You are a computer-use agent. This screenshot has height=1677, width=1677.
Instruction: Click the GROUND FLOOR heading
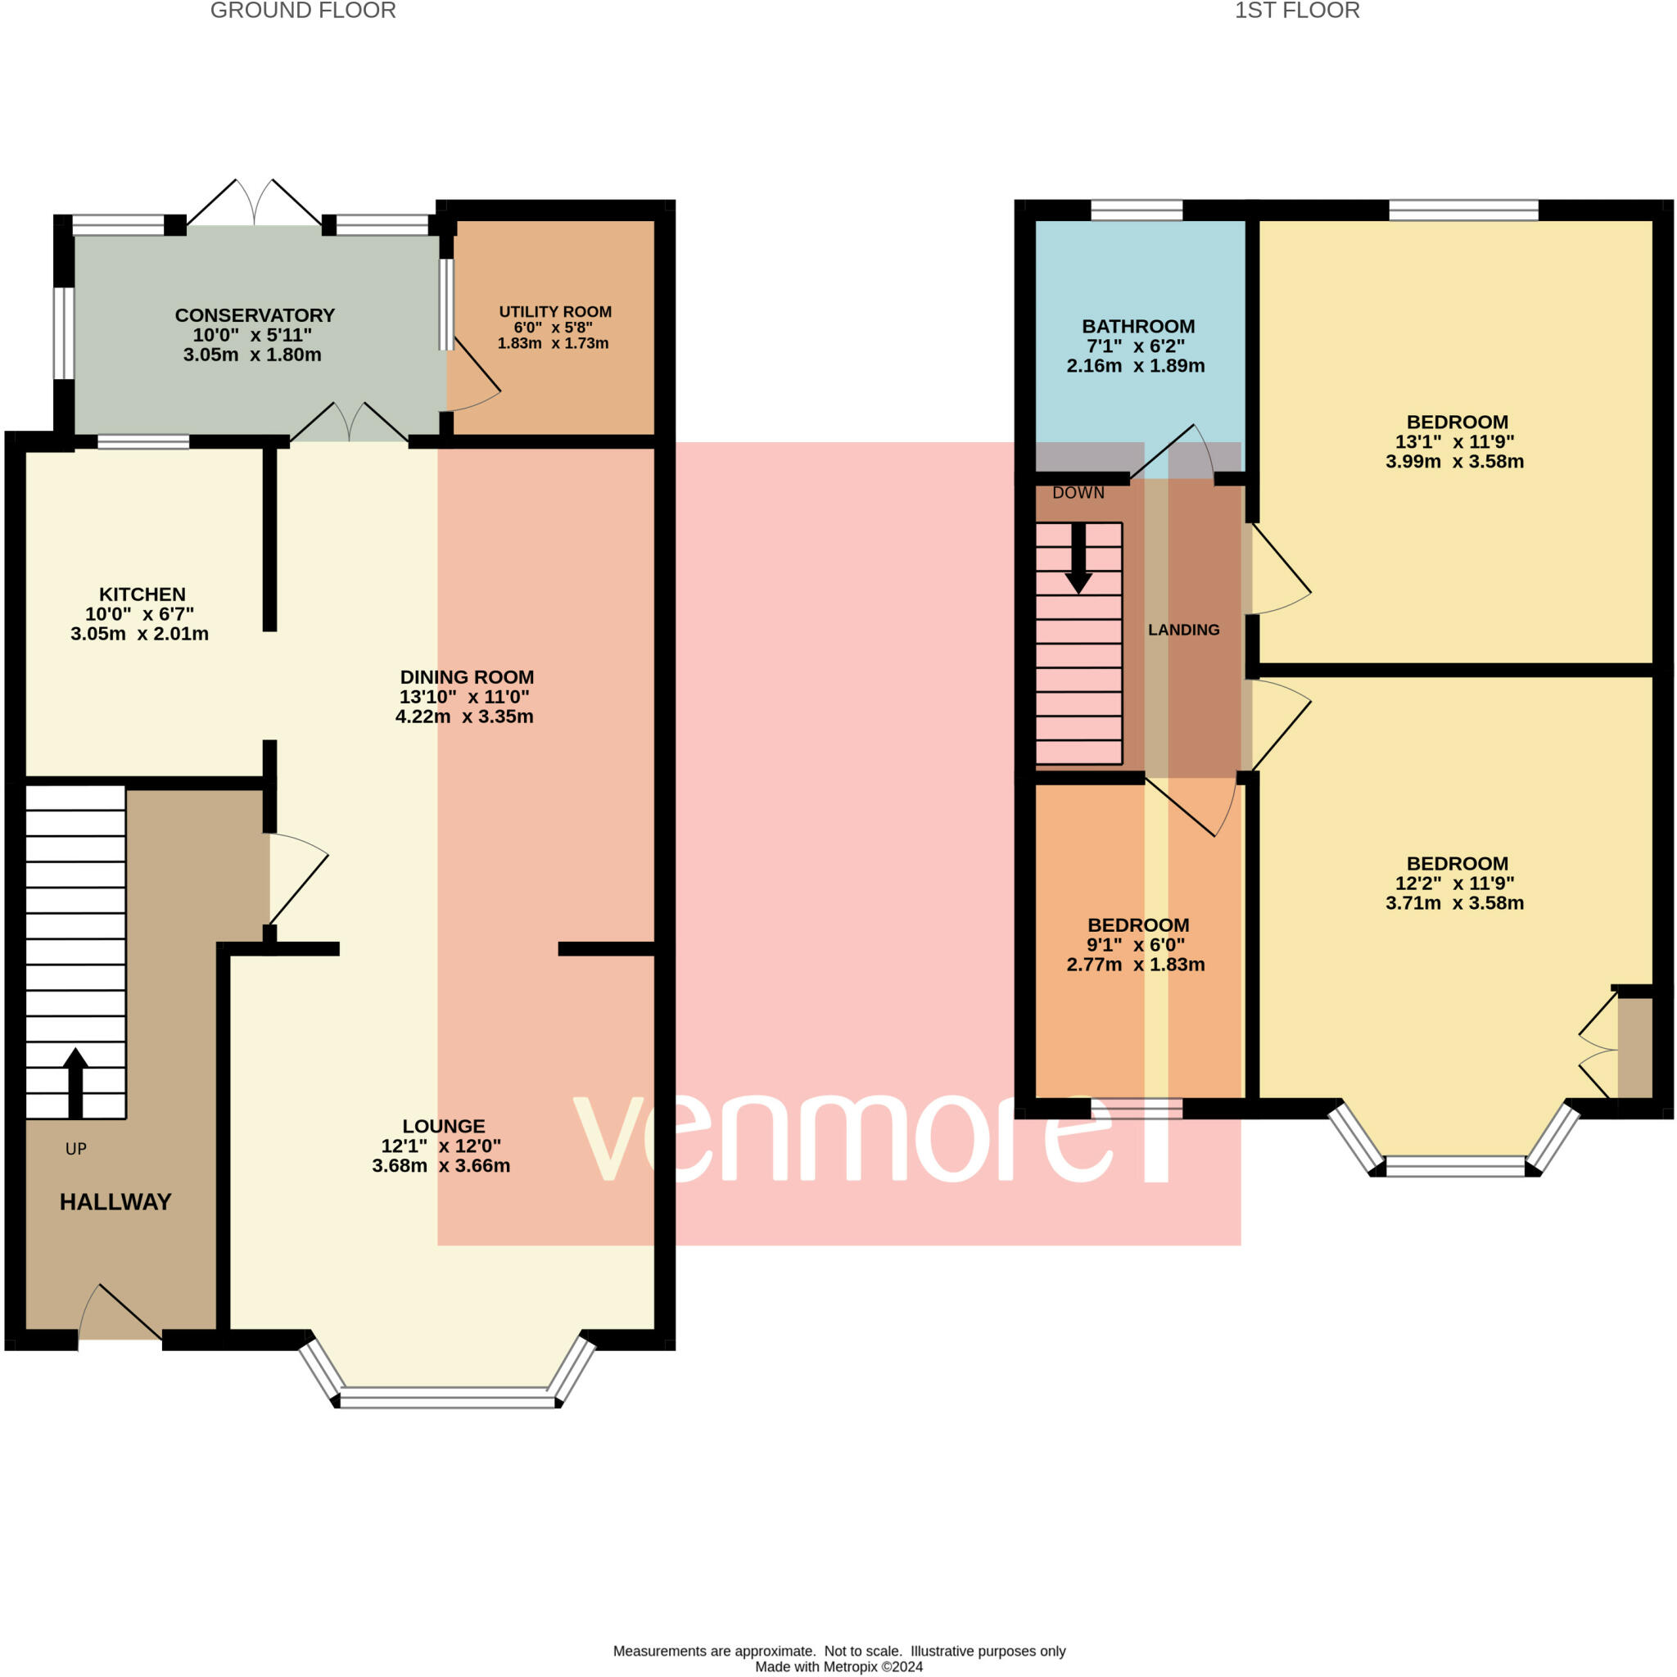tap(303, 11)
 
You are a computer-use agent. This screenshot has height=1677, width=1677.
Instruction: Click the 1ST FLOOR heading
tap(1297, 11)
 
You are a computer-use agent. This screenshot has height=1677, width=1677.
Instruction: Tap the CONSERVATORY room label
tap(255, 315)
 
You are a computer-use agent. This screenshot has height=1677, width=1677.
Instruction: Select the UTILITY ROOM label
tap(554, 312)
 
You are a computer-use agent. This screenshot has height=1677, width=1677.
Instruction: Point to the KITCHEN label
tap(142, 594)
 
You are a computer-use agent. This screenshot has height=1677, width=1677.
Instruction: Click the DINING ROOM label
tap(467, 677)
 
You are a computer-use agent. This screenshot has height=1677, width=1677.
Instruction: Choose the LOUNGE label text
tap(444, 1127)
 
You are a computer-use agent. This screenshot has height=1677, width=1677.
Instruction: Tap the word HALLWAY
tap(115, 1202)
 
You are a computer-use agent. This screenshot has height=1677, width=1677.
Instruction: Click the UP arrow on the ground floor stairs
tap(75, 1083)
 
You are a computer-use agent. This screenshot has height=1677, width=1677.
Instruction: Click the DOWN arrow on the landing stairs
tap(1079, 558)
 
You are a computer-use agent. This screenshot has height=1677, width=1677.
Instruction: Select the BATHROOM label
tap(1138, 327)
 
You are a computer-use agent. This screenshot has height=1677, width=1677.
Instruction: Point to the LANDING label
tap(1184, 631)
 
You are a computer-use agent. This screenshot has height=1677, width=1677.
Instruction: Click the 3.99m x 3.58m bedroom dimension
tap(1455, 462)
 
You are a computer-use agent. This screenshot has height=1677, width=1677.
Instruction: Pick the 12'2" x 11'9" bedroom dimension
tap(1455, 884)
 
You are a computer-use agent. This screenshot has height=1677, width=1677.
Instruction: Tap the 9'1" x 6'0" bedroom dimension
tap(1137, 945)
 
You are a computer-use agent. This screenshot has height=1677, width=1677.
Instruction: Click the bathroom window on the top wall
tap(1137, 210)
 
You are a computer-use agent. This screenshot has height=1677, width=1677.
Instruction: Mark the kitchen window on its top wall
tap(143, 442)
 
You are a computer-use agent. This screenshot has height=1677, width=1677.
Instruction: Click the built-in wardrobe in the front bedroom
tap(1634, 1047)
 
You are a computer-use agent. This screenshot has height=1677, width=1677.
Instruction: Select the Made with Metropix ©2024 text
tap(838, 1666)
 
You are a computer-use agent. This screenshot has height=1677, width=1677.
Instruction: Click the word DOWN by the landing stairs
tap(1078, 493)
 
